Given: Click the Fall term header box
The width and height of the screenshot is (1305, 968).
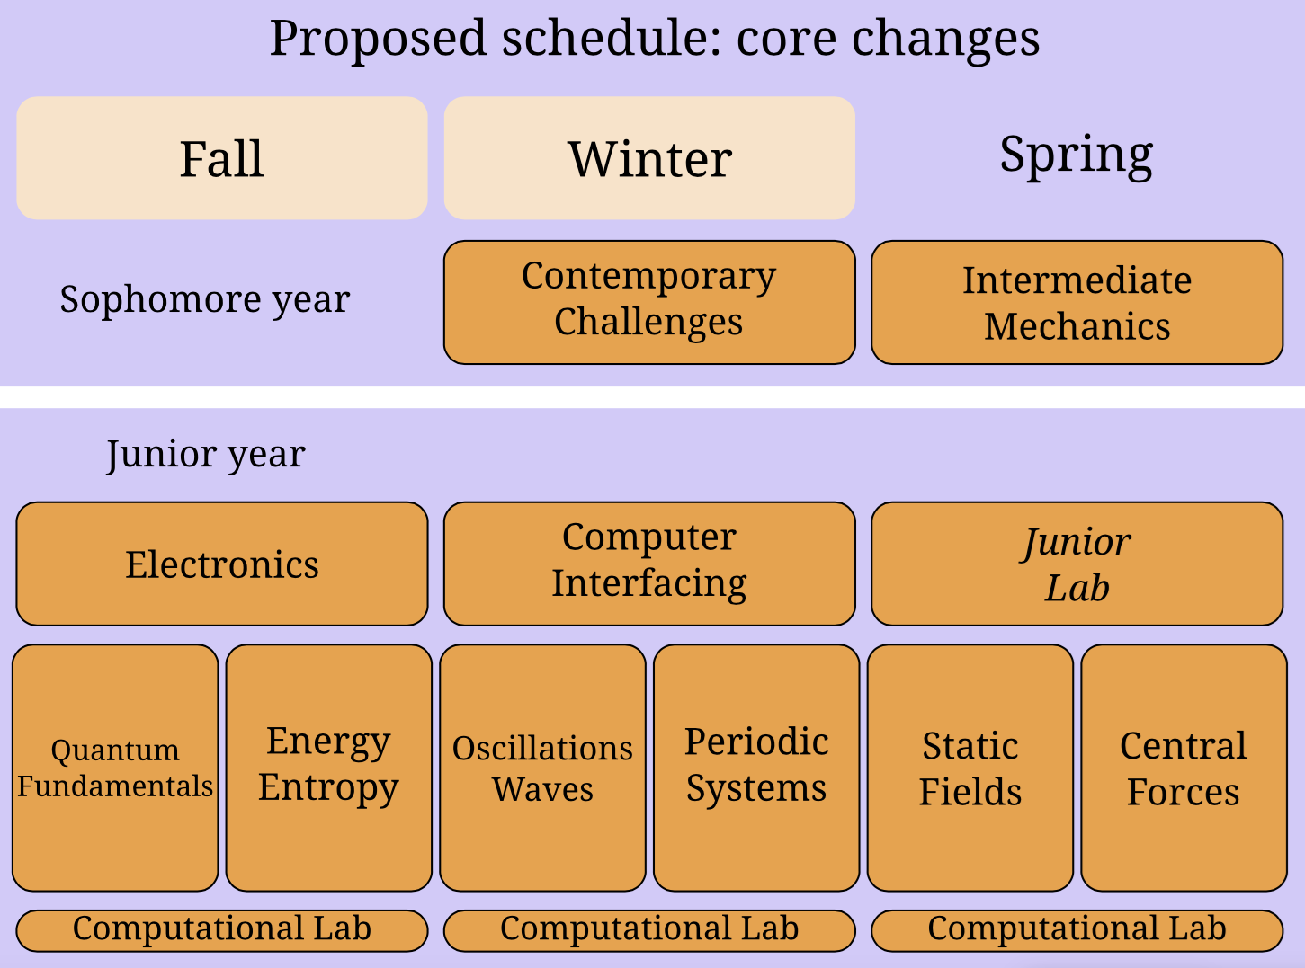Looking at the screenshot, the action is [x=222, y=158].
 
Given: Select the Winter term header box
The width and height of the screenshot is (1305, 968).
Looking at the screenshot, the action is [x=649, y=158].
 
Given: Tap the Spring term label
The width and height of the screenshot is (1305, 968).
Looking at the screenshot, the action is [x=1077, y=155].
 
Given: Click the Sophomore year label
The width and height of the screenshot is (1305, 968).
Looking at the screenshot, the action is [x=205, y=300].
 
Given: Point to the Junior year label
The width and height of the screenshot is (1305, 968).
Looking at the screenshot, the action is [x=206, y=455].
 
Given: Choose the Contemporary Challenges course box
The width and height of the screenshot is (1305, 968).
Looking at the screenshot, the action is [x=649, y=302].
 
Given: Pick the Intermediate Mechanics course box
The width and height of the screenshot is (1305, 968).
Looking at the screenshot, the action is [x=1077, y=302].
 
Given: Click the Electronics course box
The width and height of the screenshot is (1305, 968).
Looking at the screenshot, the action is [x=222, y=564].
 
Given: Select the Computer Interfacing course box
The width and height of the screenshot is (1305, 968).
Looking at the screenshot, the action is [x=649, y=564].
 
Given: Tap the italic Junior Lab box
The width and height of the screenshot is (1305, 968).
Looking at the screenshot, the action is [x=1077, y=564].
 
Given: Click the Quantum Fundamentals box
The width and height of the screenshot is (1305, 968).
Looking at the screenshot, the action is [x=115, y=768].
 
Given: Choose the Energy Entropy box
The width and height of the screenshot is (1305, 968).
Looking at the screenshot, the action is [x=329, y=768].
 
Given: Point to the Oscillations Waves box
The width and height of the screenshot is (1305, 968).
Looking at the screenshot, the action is [x=542, y=768].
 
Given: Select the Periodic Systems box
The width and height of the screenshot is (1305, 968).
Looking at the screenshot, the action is [x=756, y=768].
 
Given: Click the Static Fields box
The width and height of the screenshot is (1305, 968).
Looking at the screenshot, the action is [x=970, y=768].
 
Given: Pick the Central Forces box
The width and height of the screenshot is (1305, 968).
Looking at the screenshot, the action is [x=1184, y=768].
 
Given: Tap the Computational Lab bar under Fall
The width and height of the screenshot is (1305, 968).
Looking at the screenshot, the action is [x=222, y=931].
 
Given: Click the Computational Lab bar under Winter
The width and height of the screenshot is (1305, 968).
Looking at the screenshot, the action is [x=649, y=931].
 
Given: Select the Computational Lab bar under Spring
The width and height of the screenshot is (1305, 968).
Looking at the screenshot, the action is [x=1077, y=931].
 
